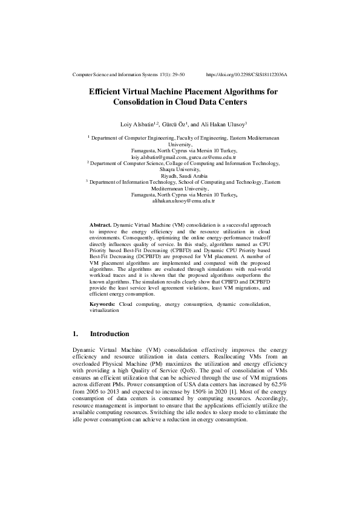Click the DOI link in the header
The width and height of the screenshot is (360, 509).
tap(246, 74)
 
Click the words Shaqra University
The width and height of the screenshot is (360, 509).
tap(180, 169)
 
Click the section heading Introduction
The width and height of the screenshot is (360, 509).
tap(110, 334)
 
